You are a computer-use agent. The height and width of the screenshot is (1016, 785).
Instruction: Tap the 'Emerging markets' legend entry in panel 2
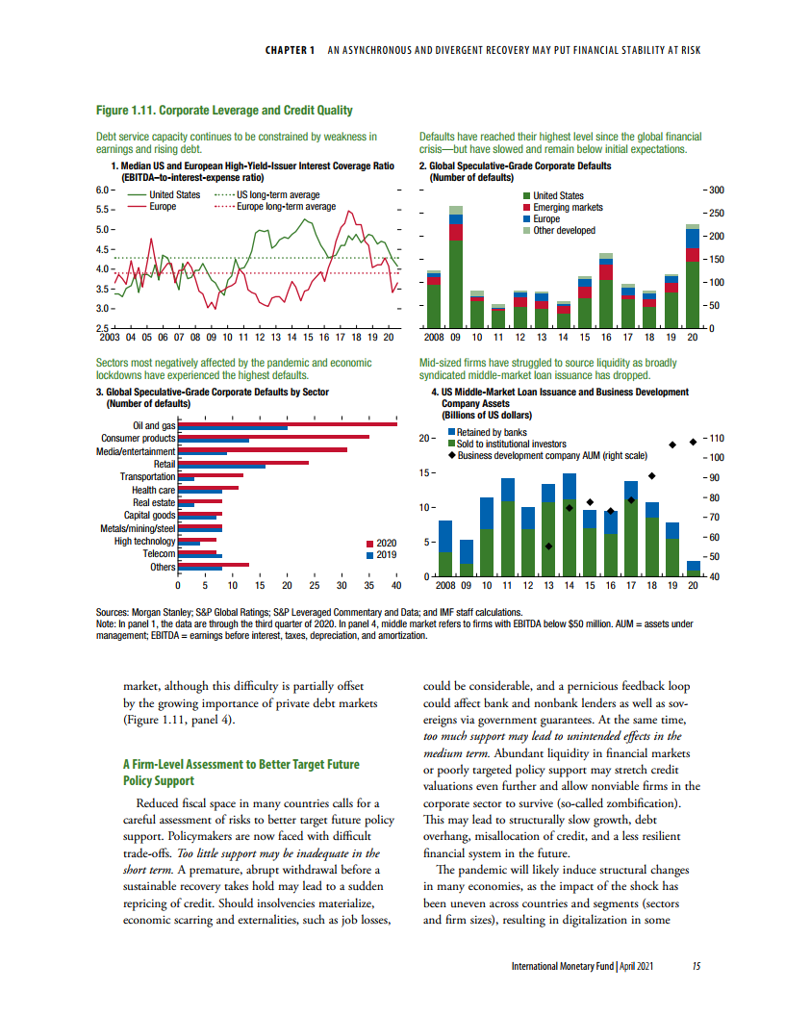pos(568,208)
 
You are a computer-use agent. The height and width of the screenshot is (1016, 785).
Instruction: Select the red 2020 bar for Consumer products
pos(273,438)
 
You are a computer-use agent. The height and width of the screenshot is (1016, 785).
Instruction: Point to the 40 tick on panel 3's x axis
pos(396,585)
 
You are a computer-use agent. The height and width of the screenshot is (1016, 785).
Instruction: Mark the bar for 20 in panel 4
pos(694,568)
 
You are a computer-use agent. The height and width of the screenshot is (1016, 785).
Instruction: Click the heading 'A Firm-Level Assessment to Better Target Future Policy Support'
pos(240,772)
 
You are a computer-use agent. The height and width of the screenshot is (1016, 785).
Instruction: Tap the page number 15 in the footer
pos(696,967)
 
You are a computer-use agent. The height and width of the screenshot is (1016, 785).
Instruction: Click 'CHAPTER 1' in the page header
pos(291,50)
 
